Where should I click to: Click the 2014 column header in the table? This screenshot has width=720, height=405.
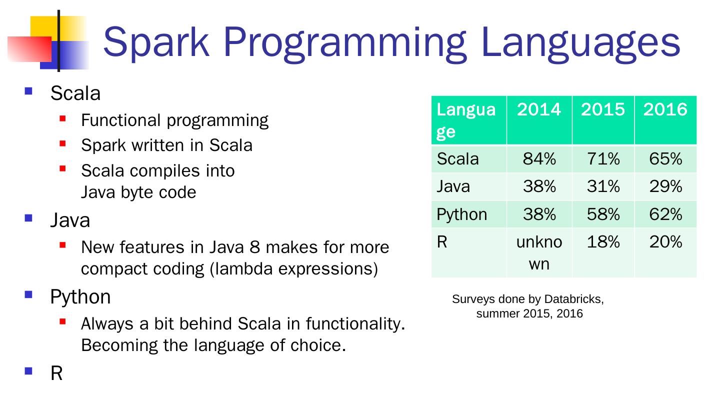[x=539, y=109]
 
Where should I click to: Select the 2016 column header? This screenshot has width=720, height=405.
[x=665, y=109]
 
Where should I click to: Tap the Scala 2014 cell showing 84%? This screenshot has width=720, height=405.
[x=539, y=159]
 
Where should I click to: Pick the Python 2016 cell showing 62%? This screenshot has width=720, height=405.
[x=665, y=214]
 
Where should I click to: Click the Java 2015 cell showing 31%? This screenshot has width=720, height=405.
[x=603, y=186]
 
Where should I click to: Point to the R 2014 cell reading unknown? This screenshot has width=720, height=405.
[x=539, y=252]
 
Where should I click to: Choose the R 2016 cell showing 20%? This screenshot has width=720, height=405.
[x=665, y=242]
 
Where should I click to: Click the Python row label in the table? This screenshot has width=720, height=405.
[x=461, y=214]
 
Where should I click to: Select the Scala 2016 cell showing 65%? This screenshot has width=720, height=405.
[x=665, y=159]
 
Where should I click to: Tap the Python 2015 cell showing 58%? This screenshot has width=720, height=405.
[x=603, y=214]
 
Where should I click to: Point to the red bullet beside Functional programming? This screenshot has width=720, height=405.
[x=62, y=119]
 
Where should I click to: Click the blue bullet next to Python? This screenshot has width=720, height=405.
[x=28, y=294]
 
